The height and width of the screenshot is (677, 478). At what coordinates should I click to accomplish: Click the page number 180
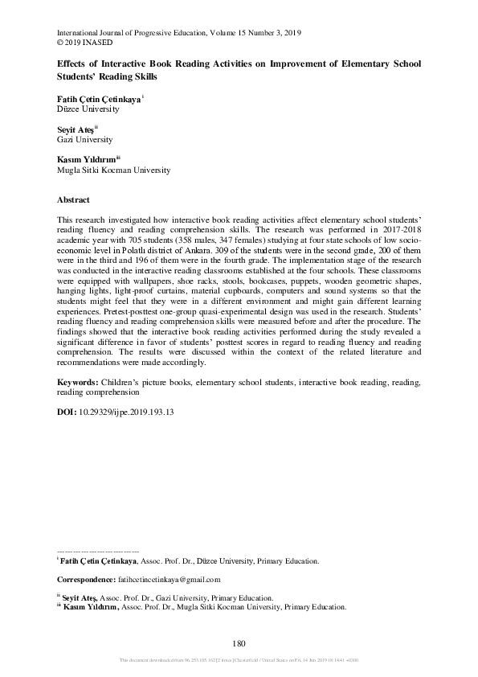(x=238, y=642)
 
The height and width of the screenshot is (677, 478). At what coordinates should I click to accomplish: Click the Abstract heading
(x=73, y=199)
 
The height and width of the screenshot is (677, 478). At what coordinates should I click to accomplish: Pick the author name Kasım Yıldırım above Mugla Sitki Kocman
(x=87, y=160)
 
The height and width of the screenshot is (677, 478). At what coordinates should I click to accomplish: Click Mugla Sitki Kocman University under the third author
(x=113, y=170)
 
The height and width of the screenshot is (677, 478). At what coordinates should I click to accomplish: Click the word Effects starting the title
(x=71, y=64)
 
